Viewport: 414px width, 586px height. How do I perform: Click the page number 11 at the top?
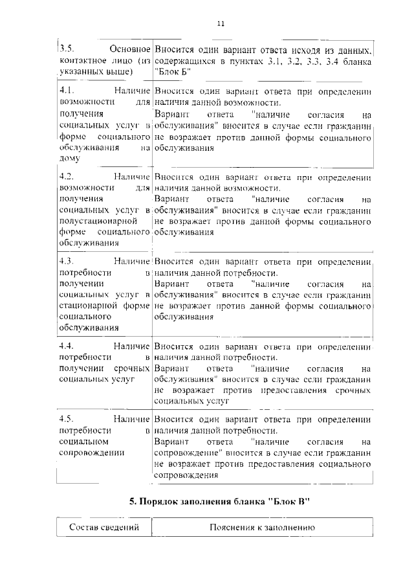(221, 23)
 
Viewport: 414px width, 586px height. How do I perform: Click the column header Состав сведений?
(104, 528)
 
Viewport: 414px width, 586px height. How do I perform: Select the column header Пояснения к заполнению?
(262, 528)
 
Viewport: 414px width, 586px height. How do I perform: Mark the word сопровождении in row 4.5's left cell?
(91, 453)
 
